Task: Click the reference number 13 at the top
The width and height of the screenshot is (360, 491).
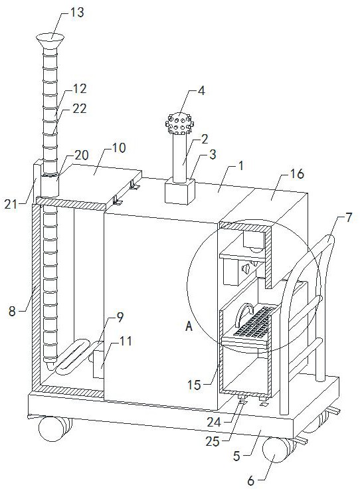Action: [x=76, y=13]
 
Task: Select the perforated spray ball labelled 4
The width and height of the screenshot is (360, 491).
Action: [x=180, y=124]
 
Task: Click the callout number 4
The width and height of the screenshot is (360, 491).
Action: [x=201, y=91]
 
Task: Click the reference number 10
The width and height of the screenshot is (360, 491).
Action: [x=119, y=147]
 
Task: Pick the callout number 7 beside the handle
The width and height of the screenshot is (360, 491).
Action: [x=349, y=217]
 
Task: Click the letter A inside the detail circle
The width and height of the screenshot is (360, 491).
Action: [x=189, y=327]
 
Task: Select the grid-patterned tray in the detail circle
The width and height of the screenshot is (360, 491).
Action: [x=252, y=322]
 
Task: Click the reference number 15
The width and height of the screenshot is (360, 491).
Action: [x=194, y=385]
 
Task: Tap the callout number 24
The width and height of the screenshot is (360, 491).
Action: [x=214, y=423]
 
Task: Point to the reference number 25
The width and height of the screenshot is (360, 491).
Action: [x=213, y=442]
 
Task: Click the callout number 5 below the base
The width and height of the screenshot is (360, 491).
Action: [x=237, y=456]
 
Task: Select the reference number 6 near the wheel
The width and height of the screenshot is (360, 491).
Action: [x=251, y=480]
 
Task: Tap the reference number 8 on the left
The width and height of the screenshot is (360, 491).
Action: [x=12, y=311]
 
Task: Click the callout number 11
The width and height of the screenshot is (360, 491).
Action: [x=126, y=341]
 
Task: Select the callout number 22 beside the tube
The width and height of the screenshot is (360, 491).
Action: [x=79, y=109]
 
